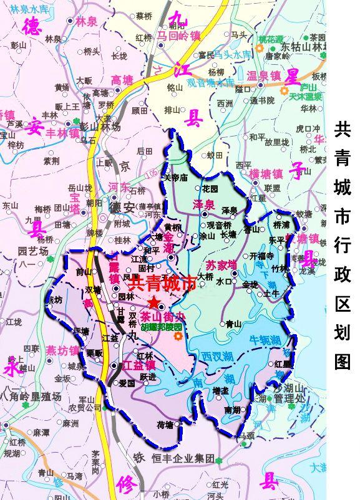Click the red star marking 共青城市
click(154, 301)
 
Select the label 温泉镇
click(263, 75)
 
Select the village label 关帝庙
click(175, 177)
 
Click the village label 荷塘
click(165, 425)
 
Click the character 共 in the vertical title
click(343, 129)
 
